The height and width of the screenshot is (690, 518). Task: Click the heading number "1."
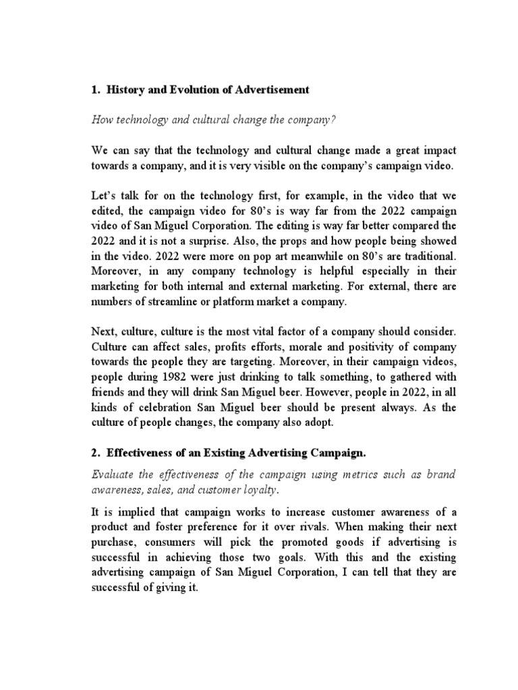[x=94, y=90]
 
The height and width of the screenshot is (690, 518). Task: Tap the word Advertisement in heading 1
[x=271, y=90]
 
